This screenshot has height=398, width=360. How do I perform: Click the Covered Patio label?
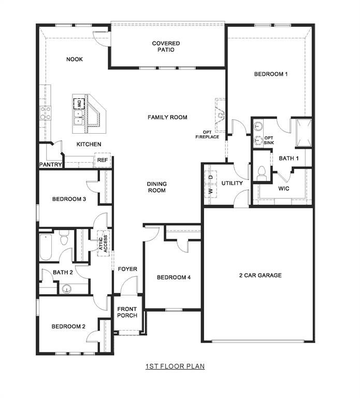click(166, 47)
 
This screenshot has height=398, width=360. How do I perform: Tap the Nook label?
click(74, 59)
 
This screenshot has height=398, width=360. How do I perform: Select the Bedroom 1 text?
click(270, 74)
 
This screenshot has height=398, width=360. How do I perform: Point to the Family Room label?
click(167, 118)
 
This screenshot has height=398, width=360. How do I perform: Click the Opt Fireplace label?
click(207, 134)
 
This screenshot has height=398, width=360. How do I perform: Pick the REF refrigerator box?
click(103, 161)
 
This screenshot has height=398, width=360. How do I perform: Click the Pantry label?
click(51, 165)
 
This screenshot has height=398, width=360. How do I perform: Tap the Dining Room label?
click(156, 187)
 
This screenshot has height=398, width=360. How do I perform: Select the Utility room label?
click(232, 183)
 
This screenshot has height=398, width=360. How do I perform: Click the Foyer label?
click(127, 269)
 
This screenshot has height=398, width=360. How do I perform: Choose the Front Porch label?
click(127, 312)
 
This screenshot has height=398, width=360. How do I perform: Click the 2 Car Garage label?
click(260, 275)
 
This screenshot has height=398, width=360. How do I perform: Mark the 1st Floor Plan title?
click(175, 366)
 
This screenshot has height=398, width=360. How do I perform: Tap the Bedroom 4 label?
click(174, 278)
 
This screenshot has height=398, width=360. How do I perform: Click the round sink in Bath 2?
click(66, 289)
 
